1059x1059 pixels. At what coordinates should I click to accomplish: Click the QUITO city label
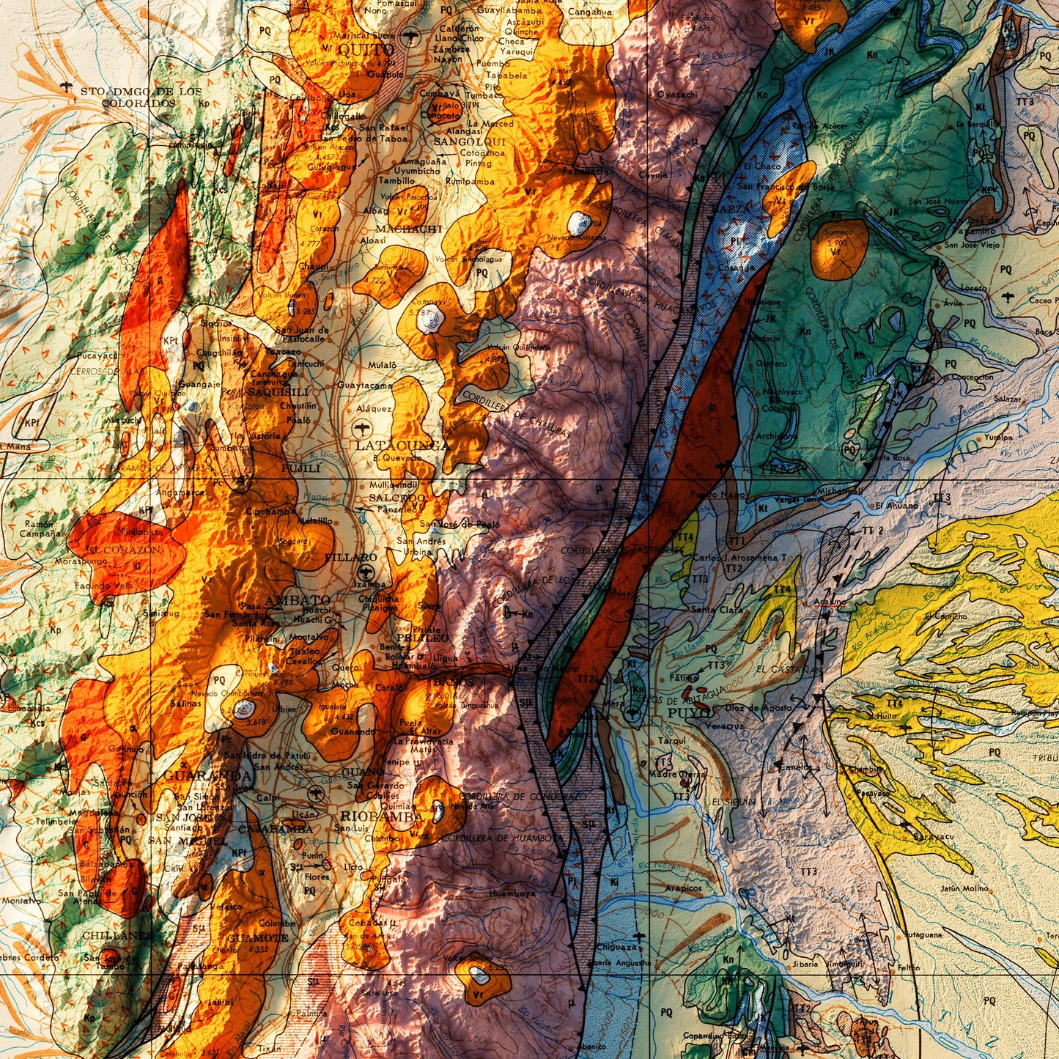pos(366,50)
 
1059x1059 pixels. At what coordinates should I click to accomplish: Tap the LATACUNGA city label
pos(401,445)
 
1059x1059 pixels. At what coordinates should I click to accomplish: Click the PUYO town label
pos(689,712)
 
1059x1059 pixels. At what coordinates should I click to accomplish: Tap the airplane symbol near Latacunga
pos(361,427)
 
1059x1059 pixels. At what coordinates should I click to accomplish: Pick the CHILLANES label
pos(117,935)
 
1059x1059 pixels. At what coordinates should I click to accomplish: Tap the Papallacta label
pos(586,170)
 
